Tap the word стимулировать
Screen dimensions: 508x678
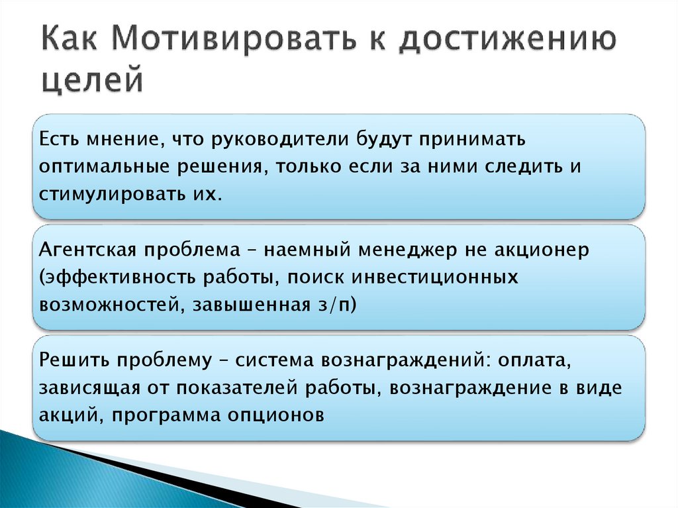click(106, 195)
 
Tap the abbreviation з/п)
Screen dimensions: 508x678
click(342, 305)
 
